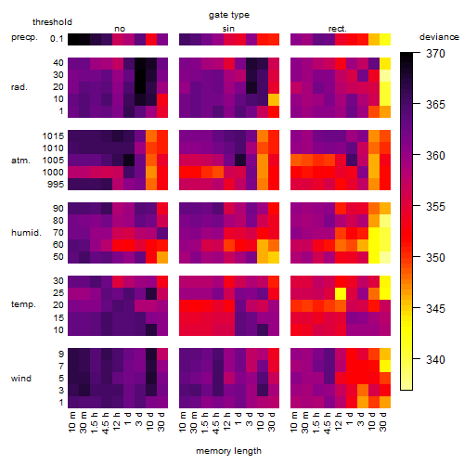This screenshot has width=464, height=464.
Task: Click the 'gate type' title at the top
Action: coord(229,15)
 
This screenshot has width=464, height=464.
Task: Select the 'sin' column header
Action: coord(228,29)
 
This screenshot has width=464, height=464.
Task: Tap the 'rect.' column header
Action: coord(338,29)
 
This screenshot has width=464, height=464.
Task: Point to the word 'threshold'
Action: coord(52,22)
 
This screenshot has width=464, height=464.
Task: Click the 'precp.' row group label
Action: coord(24,37)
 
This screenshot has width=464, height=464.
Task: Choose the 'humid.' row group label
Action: coord(26,232)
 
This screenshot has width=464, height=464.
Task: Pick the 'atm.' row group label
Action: coord(20,161)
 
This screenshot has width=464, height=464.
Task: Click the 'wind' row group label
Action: coord(21,378)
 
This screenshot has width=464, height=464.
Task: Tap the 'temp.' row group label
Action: coord(23,304)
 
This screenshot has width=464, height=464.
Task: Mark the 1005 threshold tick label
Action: coord(53,161)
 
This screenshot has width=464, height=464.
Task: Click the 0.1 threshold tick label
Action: coord(57,39)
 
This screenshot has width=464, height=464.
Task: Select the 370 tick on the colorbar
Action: coord(435,54)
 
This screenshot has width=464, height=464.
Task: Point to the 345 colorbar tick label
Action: coord(435,308)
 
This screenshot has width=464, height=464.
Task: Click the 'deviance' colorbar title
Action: coord(439,37)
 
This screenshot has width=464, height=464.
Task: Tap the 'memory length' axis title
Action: coord(228,451)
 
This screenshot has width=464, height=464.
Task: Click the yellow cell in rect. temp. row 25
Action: coord(341,293)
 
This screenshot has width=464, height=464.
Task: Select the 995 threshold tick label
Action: coord(56,185)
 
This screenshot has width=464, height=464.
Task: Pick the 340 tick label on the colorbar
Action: coord(435,359)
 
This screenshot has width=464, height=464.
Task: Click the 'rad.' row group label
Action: coord(19,87)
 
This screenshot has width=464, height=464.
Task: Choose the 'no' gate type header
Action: coord(120,29)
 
